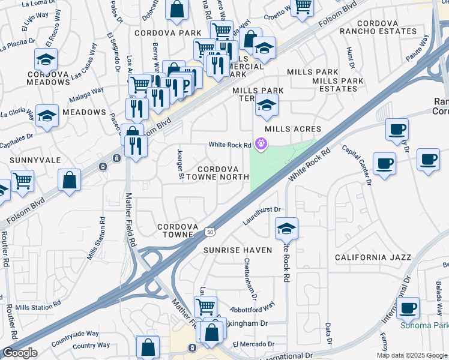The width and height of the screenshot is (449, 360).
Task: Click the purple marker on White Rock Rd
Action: pos(261,144)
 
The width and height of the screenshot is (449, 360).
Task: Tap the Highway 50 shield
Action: pos(209,231)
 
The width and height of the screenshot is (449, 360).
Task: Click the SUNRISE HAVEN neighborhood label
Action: pos(238,250)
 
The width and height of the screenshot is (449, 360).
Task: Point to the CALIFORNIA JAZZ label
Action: pos(373,257)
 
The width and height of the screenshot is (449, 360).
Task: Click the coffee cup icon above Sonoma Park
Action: pos(408,307)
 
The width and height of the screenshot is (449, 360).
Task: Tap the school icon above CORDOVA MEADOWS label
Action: pos(46,59)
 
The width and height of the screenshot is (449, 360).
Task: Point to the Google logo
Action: pos(19,353)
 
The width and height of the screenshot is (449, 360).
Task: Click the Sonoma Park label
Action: pos(424,326)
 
